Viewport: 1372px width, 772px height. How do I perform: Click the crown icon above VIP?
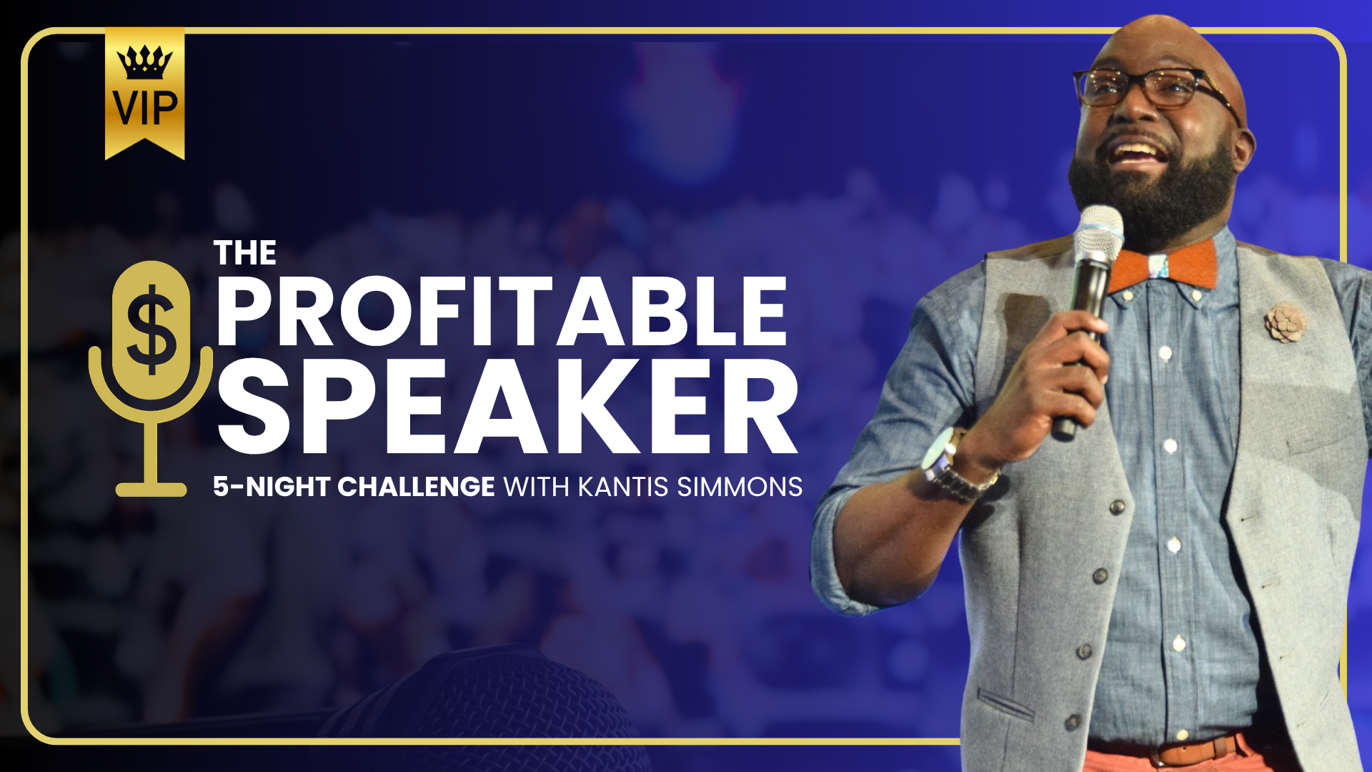click(145, 62)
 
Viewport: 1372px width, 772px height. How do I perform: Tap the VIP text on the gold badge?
click(145, 108)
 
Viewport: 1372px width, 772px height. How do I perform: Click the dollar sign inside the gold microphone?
click(151, 329)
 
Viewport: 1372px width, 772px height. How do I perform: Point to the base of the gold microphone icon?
click(151, 490)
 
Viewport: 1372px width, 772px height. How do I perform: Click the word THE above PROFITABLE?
click(245, 253)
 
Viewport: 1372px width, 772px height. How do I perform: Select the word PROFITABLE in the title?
click(502, 312)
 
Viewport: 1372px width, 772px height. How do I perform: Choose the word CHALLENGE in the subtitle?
click(416, 487)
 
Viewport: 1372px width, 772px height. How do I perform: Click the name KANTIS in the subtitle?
click(623, 487)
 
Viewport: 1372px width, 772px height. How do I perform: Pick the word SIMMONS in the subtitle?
click(740, 487)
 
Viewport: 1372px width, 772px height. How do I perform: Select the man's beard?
click(1154, 189)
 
